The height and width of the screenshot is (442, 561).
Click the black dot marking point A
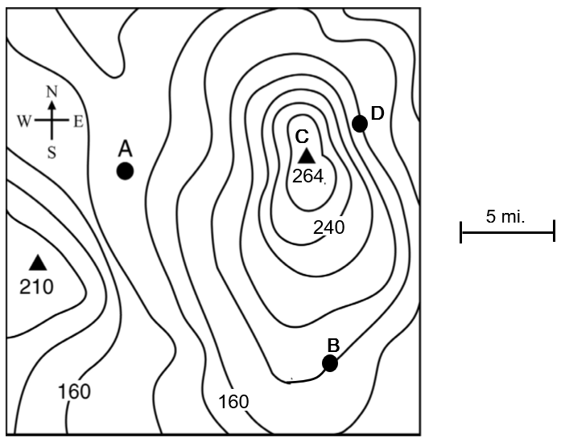point(125,170)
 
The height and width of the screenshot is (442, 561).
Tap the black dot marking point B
point(330,363)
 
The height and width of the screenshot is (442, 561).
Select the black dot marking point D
point(360,123)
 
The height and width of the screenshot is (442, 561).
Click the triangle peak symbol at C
point(306,156)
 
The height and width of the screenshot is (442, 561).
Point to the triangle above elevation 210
point(37,262)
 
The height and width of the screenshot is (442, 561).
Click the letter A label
point(125,148)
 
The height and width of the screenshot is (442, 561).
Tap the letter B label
point(333,344)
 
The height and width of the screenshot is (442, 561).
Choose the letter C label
point(302,136)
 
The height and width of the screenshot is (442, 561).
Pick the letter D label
point(377,113)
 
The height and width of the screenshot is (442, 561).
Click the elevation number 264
point(307,176)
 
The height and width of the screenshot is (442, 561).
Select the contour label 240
point(328,227)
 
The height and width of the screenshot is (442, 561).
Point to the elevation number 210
point(37,285)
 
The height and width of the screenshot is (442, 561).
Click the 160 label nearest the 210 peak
point(74,391)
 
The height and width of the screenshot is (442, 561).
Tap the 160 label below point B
point(233,400)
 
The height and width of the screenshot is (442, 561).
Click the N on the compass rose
point(52,92)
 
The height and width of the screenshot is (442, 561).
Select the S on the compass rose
point(52,153)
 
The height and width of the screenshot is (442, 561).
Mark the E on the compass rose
point(79,121)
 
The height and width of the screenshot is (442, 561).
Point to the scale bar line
point(507,234)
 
